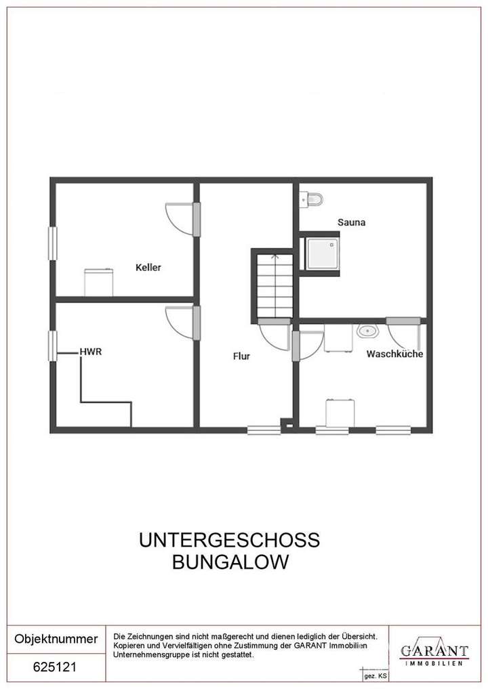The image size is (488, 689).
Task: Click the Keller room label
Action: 148,268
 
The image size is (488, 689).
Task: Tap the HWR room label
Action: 91,352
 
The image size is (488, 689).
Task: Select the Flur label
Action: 241,355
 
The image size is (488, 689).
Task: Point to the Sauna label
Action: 352,222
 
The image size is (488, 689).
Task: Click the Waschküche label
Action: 395,354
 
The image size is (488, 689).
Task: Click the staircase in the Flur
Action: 274,285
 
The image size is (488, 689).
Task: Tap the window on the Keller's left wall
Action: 52,243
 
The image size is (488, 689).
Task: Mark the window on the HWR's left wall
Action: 52,346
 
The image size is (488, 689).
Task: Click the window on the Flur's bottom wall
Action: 264,430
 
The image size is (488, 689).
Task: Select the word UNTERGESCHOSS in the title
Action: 229,541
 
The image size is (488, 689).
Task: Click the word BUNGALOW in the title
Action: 229,562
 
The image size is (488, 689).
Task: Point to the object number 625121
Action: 55,667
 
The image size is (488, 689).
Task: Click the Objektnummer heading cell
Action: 56,639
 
